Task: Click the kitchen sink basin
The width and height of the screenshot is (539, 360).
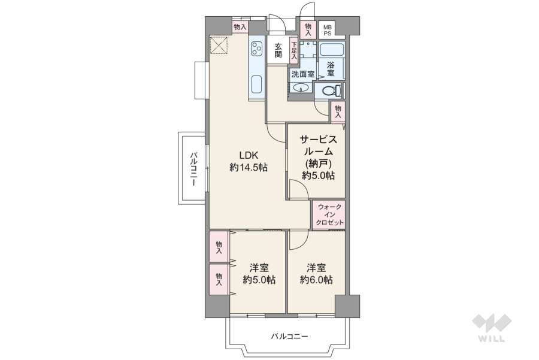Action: click(x=257, y=84)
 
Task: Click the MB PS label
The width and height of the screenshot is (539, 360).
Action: click(x=328, y=30)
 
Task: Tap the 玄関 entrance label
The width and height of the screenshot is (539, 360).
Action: click(x=278, y=50)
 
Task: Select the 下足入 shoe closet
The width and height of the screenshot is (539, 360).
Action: click(x=294, y=50)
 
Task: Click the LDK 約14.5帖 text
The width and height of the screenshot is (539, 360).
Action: click(x=248, y=161)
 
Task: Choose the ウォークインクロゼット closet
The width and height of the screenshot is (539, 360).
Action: click(x=328, y=214)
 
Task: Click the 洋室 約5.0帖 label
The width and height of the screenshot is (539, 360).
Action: click(x=259, y=273)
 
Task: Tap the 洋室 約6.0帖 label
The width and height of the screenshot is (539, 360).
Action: click(x=316, y=273)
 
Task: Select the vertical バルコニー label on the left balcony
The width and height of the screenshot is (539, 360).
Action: click(x=193, y=170)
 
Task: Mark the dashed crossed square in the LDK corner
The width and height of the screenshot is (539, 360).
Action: click(x=219, y=45)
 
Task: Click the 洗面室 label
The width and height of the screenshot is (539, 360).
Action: click(x=302, y=74)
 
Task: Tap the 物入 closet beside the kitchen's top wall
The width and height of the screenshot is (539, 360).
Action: click(x=240, y=28)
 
